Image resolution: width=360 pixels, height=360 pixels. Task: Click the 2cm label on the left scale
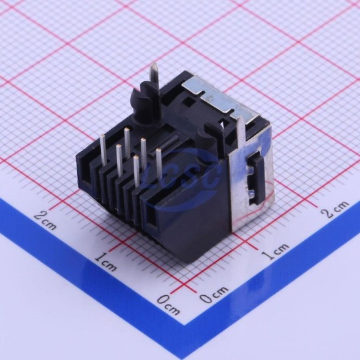(45, 221)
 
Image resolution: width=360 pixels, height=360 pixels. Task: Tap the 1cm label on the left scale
(105, 262)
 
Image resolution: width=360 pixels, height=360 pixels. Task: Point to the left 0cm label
(169, 304)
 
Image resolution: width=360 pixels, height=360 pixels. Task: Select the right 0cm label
(214, 295)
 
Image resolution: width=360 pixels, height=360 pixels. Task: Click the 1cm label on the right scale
(276, 251)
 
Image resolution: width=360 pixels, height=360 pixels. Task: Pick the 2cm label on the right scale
(334, 209)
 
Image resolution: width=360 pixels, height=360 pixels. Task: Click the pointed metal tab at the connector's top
(154, 73)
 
